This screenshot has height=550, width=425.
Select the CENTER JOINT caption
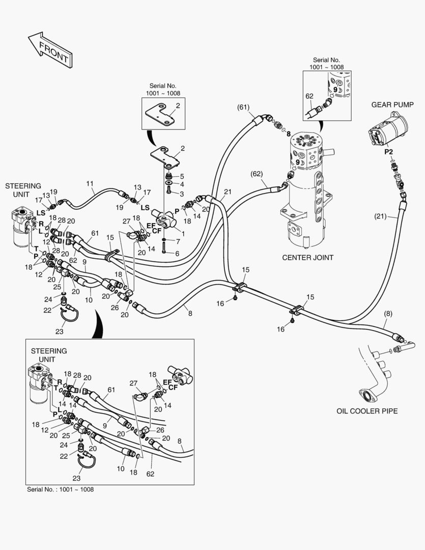point(307,258)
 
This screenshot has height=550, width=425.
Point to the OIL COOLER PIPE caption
point(367,410)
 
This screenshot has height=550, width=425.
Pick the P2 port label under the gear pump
point(388,152)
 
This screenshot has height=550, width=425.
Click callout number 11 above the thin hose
point(90,183)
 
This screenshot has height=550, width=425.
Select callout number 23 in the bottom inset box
point(76,478)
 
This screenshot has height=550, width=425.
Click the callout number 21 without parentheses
point(228,191)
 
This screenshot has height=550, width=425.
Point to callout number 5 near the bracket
point(182,177)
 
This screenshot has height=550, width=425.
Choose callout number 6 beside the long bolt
point(177,253)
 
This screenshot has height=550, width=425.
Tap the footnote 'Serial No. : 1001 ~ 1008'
point(60,489)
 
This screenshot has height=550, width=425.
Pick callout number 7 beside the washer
point(177,240)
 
